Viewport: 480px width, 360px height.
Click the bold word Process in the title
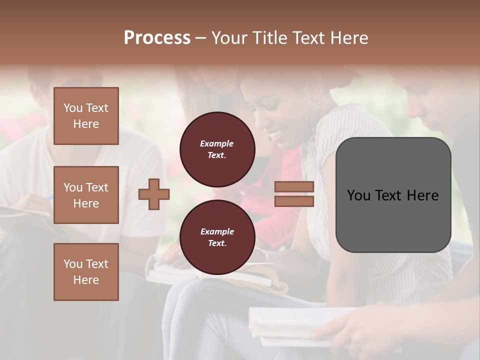coord(157,38)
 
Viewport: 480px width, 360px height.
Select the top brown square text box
coord(86,116)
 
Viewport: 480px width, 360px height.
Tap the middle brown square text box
coord(86,195)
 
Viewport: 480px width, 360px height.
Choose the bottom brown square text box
coord(86,272)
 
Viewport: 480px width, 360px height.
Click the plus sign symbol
coord(154,194)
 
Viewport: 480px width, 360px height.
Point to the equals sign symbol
coord(294,194)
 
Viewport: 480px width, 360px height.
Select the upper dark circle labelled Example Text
coord(217,149)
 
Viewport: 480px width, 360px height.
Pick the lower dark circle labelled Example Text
coord(217,237)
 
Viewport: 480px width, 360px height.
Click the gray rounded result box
coord(393,195)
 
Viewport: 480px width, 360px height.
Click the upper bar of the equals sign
coord(294,186)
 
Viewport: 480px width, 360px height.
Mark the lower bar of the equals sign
coord(294,201)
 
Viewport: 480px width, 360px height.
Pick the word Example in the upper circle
coord(217,143)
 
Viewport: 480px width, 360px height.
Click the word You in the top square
coord(72,108)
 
